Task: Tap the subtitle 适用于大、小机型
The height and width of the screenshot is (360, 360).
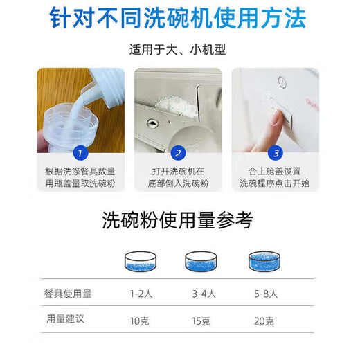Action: click(x=179, y=51)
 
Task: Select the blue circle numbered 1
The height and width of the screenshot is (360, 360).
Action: click(x=81, y=153)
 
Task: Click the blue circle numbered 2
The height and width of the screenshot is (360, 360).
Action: click(x=178, y=153)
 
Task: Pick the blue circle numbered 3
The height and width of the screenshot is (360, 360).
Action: click(x=276, y=153)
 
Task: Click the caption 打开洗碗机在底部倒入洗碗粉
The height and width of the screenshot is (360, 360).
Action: click(x=179, y=177)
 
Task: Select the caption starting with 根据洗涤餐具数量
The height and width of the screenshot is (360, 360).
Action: click(x=80, y=177)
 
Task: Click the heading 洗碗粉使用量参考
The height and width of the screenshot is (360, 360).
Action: click(x=178, y=221)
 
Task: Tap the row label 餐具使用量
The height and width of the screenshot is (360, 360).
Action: click(x=67, y=294)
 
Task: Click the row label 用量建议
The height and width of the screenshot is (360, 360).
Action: click(x=63, y=320)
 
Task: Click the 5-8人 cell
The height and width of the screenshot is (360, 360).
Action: click(x=264, y=294)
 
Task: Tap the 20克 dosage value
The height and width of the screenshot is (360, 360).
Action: click(x=264, y=321)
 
